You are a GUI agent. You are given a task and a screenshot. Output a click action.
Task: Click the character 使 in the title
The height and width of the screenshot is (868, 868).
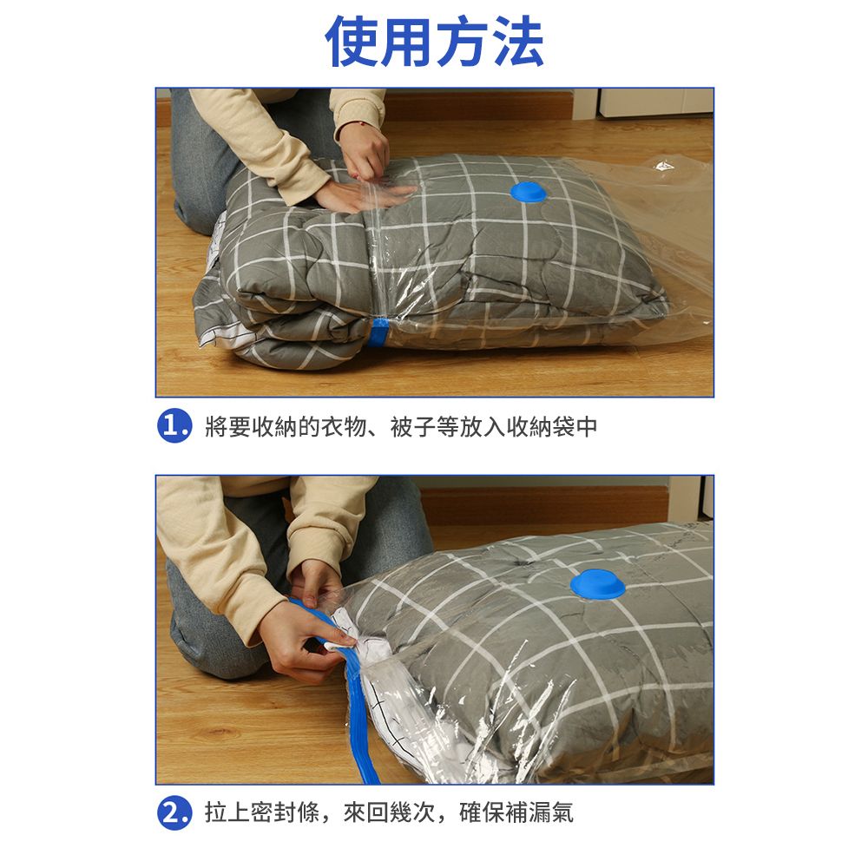pyautogui.click(x=352, y=42)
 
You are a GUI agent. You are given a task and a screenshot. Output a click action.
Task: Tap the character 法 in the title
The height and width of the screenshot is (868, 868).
pyautogui.click(x=517, y=42)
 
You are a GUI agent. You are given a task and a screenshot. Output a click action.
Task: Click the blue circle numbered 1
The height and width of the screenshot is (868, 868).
pyautogui.click(x=174, y=426)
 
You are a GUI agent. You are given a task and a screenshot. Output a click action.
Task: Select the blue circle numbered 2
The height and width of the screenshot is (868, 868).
pyautogui.click(x=174, y=812)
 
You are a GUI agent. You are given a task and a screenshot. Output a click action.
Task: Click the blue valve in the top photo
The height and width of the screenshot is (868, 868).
pyautogui.click(x=528, y=192)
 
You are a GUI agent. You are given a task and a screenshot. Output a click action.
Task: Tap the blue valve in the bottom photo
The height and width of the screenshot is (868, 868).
pyautogui.click(x=598, y=584)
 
